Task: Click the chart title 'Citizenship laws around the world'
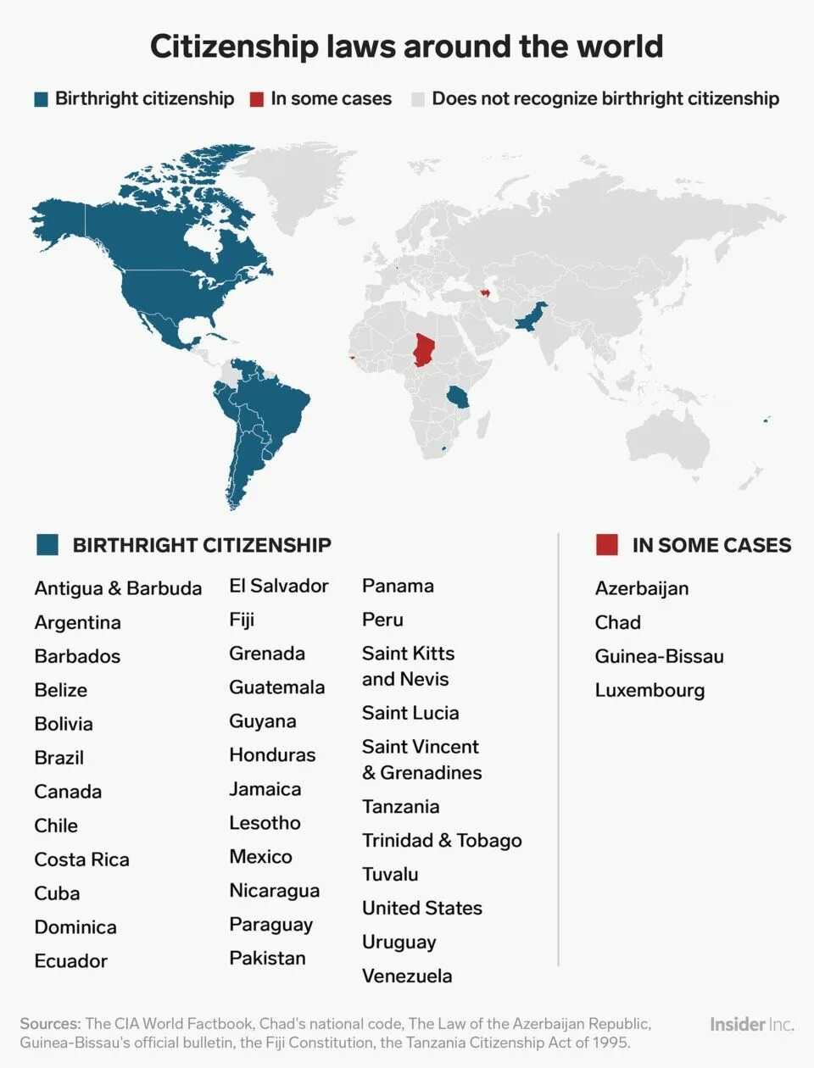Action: pyautogui.click(x=406, y=47)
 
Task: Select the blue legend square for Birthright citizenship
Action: pyautogui.click(x=41, y=99)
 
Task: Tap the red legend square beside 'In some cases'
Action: pyautogui.click(x=257, y=99)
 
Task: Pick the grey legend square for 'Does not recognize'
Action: pyautogui.click(x=418, y=99)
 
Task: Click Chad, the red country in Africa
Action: pyautogui.click(x=423, y=348)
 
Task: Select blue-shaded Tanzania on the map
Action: pyautogui.click(x=458, y=397)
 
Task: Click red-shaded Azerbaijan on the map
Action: pyautogui.click(x=486, y=293)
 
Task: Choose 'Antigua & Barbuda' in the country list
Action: pyautogui.click(x=118, y=588)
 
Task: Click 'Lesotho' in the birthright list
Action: pyautogui.click(x=265, y=823)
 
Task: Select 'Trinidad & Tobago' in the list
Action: pyautogui.click(x=442, y=840)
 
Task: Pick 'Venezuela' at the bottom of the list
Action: pyautogui.click(x=407, y=976)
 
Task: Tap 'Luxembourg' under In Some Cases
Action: pyautogui.click(x=650, y=690)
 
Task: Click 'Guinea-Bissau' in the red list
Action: pyautogui.click(x=659, y=656)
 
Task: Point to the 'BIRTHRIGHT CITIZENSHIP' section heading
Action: pyautogui.click(x=202, y=545)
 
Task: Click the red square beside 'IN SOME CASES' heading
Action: pyautogui.click(x=607, y=545)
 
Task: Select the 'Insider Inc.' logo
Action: pyautogui.click(x=751, y=1024)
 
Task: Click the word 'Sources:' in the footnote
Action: pyautogui.click(x=50, y=1023)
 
